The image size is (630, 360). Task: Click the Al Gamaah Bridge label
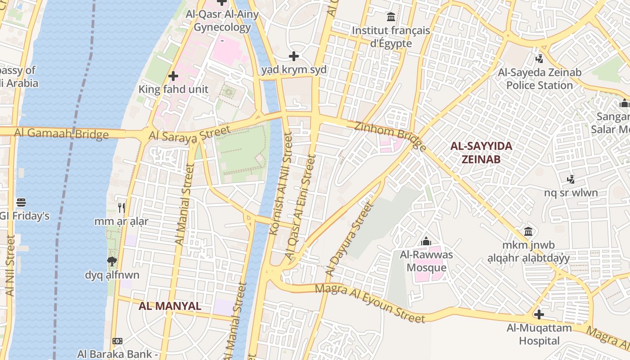[61, 133]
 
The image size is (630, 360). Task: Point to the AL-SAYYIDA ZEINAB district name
[481, 153]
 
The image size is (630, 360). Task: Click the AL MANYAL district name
[170, 306]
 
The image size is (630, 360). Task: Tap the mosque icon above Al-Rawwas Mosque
[426, 242]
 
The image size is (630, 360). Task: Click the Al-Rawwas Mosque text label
[427, 261]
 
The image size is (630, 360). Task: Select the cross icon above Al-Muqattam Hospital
[539, 314]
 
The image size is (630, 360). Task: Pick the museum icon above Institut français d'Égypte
[391, 17]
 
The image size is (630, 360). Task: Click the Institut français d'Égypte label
[391, 37]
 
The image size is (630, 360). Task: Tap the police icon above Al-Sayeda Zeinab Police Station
[539, 58]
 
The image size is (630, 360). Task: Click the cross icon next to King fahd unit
[173, 76]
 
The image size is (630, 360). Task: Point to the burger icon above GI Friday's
[21, 202]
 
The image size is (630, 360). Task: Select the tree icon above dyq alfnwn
[112, 261]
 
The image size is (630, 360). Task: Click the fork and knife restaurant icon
[121, 207]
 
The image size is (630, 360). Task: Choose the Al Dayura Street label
[349, 239]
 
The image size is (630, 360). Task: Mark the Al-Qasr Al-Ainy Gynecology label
[222, 21]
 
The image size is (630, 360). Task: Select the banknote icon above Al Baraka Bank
[117, 341]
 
